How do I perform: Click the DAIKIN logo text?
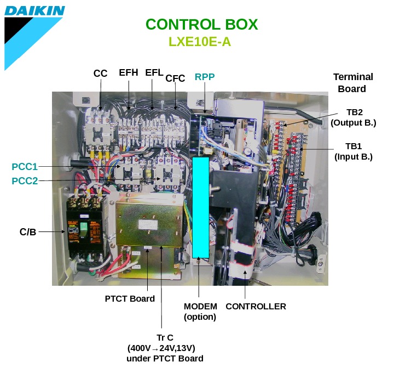34,10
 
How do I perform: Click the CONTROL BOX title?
201,25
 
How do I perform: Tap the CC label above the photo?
100,74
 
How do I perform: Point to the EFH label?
129,73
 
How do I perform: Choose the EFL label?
154,73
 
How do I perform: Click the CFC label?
175,78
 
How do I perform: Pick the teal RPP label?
205,77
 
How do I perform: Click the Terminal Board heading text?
353,83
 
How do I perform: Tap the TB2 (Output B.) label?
354,117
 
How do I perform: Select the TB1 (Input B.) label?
354,151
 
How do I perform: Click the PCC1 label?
25,166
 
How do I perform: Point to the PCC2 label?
25,180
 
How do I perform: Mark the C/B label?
28,232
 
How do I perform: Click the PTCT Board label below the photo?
130,299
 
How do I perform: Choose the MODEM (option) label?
200,312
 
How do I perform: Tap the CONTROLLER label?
256,307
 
